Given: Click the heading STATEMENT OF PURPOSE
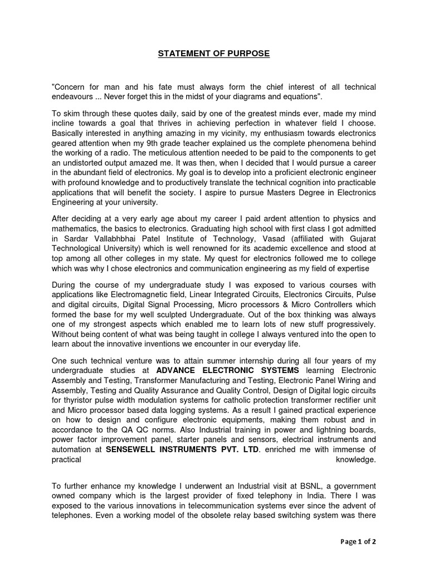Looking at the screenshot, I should click(213, 54).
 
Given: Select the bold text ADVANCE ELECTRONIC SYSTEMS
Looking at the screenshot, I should click(228, 370).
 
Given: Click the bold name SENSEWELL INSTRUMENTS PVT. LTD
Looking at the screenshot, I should click(182, 449).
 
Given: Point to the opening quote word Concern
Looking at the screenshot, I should click(70, 87).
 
